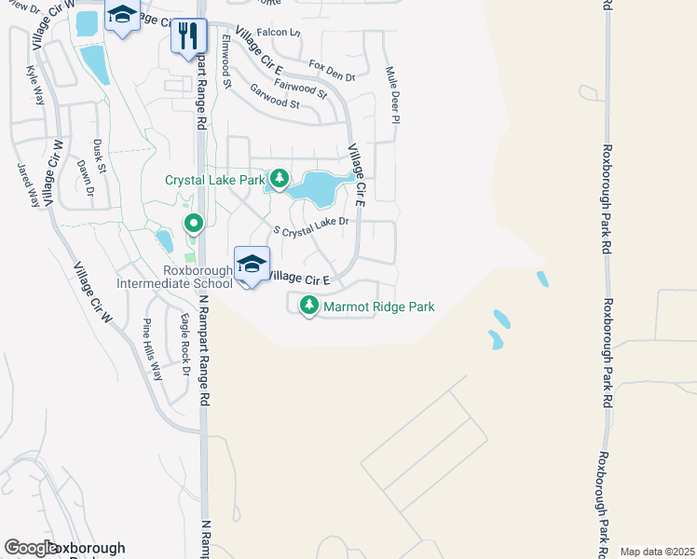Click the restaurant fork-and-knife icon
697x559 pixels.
(x=189, y=35)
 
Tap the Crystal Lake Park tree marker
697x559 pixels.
(x=279, y=177)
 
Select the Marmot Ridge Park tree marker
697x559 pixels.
(x=308, y=305)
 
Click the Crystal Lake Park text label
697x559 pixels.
(x=214, y=180)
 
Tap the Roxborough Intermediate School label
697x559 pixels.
(x=174, y=277)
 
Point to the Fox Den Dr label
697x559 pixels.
(x=333, y=71)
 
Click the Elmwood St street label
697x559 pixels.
(x=226, y=62)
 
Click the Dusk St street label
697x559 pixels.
(x=99, y=157)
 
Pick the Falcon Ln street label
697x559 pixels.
(x=279, y=33)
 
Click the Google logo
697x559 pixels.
(x=31, y=549)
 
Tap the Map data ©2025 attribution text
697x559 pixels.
(x=656, y=552)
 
